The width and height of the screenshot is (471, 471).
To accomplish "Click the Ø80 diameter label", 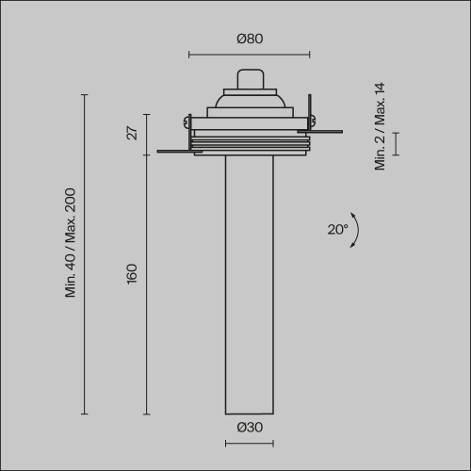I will (249, 39).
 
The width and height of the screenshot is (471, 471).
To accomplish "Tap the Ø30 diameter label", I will (249, 427).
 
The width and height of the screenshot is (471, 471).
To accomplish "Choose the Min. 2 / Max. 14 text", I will (381, 126).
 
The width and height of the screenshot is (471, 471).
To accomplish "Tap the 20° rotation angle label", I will (337, 229).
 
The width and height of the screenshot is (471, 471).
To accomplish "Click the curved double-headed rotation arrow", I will (357, 230).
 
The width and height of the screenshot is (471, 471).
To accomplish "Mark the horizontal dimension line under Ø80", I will (249, 54).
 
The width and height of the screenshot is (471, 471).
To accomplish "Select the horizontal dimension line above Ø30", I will (249, 441).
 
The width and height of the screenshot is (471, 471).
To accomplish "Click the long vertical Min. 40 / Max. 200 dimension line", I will (85, 254).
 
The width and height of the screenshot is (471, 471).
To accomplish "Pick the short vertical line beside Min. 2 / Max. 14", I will (397, 143).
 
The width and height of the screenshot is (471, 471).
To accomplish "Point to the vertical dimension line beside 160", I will (146, 283).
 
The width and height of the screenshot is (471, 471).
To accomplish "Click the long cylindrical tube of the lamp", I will (249, 283).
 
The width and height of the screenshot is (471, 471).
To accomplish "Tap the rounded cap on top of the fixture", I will (249, 78).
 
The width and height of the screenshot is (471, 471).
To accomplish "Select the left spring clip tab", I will (173, 148).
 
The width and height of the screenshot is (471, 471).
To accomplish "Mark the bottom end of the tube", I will (249, 412).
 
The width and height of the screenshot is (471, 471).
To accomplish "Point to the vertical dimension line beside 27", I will (146, 133).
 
